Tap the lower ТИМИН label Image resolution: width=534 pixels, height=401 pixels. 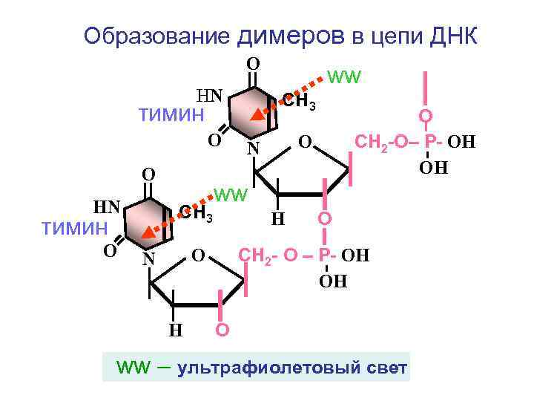coord(74,228)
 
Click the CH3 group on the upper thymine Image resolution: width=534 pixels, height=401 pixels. coord(299,102)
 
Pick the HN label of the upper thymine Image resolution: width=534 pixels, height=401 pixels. coord(209,95)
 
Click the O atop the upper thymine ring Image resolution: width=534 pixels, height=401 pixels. coord(252,64)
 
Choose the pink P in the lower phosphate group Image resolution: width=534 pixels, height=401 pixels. coord(325,256)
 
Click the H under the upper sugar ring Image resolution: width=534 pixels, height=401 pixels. coord(277,219)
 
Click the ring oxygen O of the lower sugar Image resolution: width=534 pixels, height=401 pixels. coord(198,256)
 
